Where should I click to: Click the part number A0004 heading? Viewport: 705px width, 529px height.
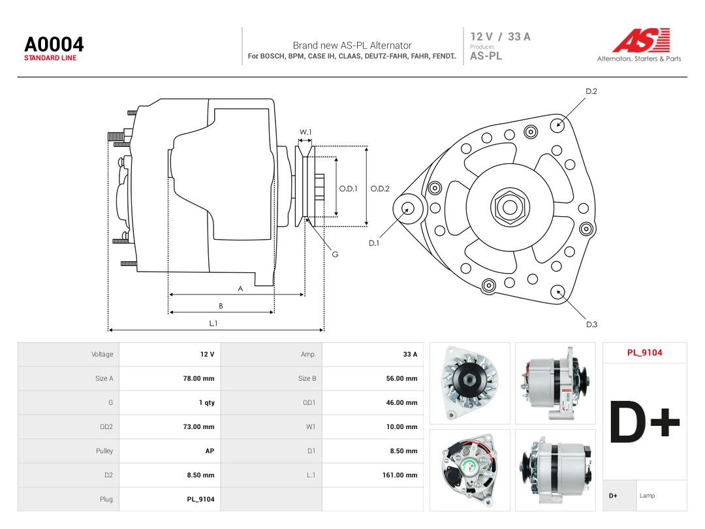coord(54,44)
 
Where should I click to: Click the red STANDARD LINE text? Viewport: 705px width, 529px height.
coord(50,58)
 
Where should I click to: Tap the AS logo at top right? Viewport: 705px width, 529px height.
coord(641,40)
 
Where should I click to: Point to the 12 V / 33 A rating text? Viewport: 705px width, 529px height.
coord(500,37)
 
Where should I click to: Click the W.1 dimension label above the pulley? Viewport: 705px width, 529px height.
coord(305,132)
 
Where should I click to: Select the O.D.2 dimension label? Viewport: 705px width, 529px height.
coord(380,189)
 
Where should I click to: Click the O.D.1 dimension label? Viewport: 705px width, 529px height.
coord(348,189)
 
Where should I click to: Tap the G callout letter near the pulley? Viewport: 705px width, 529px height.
coord(335,254)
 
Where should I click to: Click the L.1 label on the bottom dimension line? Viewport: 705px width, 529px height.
coord(213,323)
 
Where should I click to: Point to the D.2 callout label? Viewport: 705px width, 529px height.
coord(591,91)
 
